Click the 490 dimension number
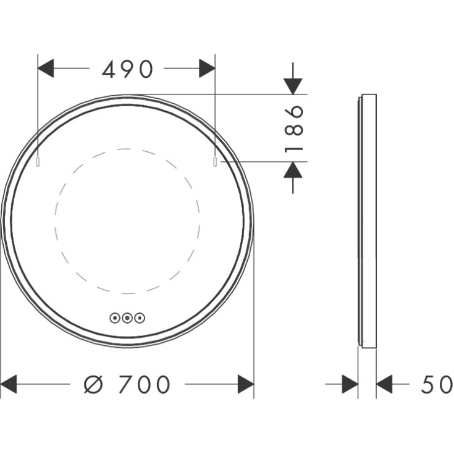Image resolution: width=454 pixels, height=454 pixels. click(x=127, y=69)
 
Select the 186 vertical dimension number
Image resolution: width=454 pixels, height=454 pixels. click(x=295, y=128)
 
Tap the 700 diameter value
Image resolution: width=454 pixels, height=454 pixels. click(x=144, y=385)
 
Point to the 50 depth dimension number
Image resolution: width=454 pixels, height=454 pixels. click(x=437, y=385)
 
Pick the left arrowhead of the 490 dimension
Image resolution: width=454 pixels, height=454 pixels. click(x=46, y=69)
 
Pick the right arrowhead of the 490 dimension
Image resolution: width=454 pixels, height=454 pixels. click(x=207, y=69)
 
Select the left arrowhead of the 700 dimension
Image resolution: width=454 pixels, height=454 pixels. click(x=9, y=385)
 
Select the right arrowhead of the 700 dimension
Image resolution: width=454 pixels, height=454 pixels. click(x=246, y=385)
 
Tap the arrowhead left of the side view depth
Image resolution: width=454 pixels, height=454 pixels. click(x=350, y=385)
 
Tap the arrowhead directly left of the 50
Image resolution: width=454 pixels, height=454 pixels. click(x=384, y=385)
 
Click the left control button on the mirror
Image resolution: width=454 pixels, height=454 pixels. click(x=115, y=318)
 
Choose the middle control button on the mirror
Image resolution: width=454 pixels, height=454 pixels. click(x=127, y=318)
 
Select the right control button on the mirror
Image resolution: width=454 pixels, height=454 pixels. click(x=140, y=318)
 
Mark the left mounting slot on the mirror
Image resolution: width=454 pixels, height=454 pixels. click(x=38, y=162)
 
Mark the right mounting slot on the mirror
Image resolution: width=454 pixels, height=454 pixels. click(x=215, y=162)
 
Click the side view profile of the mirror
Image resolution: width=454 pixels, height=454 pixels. click(x=368, y=221)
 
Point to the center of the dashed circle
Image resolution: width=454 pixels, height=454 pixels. click(x=127, y=221)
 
